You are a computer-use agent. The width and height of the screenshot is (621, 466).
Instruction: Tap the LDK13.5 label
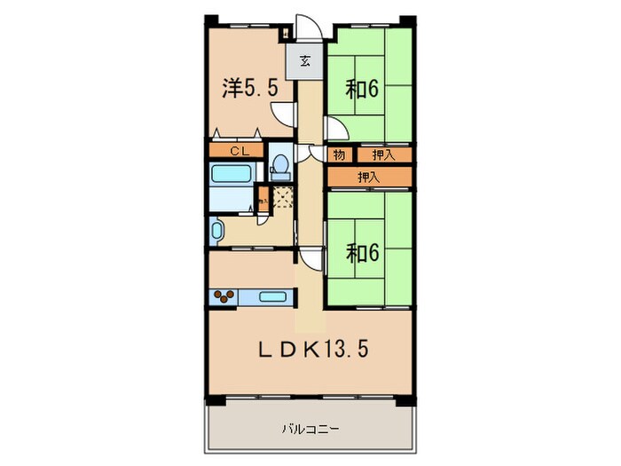[x=312, y=348]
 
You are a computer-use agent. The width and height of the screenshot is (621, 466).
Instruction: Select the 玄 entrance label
[x=304, y=61]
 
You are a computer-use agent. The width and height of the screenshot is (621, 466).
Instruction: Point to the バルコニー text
[x=310, y=429]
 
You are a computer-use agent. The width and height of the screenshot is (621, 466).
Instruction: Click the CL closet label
[x=238, y=151]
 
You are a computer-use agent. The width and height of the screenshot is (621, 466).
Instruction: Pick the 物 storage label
[x=339, y=155]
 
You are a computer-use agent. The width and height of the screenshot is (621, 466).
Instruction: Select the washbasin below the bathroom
[x=216, y=232]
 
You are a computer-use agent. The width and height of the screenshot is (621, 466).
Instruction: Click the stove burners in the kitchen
[x=223, y=296]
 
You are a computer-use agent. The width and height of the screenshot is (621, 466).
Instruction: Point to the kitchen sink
[x=273, y=296]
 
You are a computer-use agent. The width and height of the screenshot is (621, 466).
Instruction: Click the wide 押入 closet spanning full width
[x=369, y=178]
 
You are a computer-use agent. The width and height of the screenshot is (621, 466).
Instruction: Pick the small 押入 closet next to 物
[x=382, y=155]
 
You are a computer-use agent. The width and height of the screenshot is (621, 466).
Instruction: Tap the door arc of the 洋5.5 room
[x=284, y=114]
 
